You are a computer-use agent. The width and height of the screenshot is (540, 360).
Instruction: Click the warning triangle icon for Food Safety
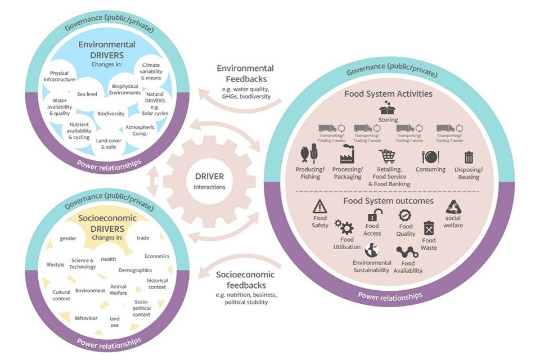pos(320,206)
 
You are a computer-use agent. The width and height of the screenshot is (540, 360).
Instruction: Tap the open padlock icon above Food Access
pos(372,215)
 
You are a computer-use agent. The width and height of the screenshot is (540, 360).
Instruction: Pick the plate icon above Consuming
pos(430,156)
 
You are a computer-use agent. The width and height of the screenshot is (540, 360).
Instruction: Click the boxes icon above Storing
pos(388,107)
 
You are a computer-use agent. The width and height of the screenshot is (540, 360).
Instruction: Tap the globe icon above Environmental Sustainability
pos(371,250)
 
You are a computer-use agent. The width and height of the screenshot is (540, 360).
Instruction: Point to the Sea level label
pos(88,94)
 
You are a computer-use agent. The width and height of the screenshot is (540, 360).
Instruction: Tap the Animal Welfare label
pos(118,290)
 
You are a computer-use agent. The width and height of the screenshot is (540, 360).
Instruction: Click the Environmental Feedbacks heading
pos(245,74)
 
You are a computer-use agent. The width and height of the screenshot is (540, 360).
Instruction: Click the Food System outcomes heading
pos(388,201)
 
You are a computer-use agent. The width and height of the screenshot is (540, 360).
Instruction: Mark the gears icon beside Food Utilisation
pos(344,227)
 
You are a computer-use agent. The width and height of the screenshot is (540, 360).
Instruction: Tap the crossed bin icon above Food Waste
pos(429,228)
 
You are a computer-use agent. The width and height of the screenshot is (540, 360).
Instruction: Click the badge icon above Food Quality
pos(406,215)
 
